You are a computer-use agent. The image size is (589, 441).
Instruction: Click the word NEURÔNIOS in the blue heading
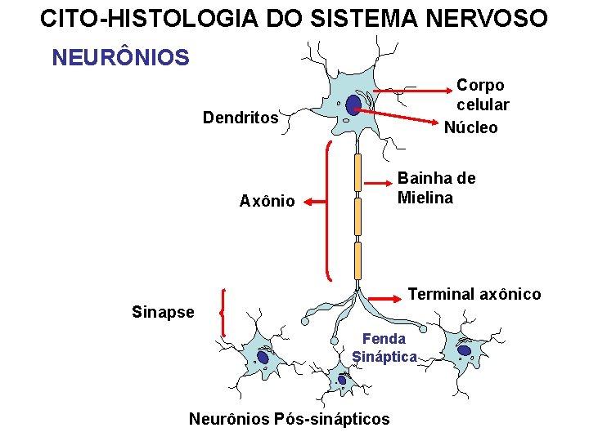[x=120, y=58]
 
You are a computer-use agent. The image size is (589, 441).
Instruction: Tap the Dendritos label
[x=241, y=118]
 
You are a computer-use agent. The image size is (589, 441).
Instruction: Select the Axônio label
[x=267, y=201]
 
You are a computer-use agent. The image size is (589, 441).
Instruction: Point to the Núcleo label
[x=470, y=127]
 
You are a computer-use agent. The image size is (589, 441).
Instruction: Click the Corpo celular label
[x=482, y=95]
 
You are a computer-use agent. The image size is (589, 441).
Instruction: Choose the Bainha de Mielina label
[x=436, y=188]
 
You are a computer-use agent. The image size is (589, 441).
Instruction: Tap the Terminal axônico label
[x=474, y=294]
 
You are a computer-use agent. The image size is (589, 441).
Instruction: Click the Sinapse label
[x=163, y=312]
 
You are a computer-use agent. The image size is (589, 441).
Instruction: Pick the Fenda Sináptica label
[x=384, y=347]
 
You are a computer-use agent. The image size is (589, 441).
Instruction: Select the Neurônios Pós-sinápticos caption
[x=290, y=419]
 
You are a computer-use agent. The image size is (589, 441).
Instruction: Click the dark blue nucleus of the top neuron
[x=353, y=105]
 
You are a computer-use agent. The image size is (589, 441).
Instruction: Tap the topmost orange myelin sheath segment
[x=357, y=171]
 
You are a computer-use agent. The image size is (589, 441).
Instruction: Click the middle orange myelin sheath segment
[x=357, y=216]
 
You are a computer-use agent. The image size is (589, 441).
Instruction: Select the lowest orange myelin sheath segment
[x=357, y=261]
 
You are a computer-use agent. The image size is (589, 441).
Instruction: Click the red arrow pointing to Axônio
[x=310, y=201]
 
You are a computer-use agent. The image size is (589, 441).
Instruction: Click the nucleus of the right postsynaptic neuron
[x=464, y=350]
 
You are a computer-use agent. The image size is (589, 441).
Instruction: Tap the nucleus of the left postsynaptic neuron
[x=263, y=357]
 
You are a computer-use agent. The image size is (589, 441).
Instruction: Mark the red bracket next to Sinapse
[x=223, y=312]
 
